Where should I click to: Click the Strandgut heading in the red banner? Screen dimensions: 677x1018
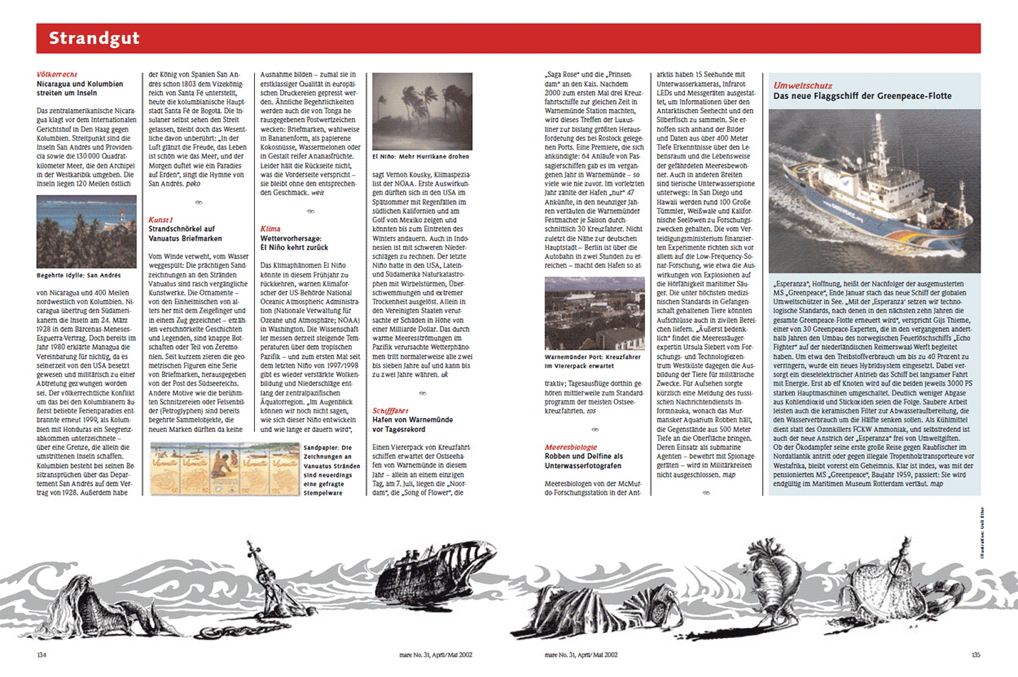(x=94, y=38)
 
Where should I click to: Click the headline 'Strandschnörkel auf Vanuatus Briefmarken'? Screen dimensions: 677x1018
(x=185, y=234)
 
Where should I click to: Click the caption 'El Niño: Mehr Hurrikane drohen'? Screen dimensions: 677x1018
(x=420, y=155)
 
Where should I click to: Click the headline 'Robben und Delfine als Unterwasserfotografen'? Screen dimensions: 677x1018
(x=584, y=461)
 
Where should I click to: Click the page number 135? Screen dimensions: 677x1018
(x=976, y=654)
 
